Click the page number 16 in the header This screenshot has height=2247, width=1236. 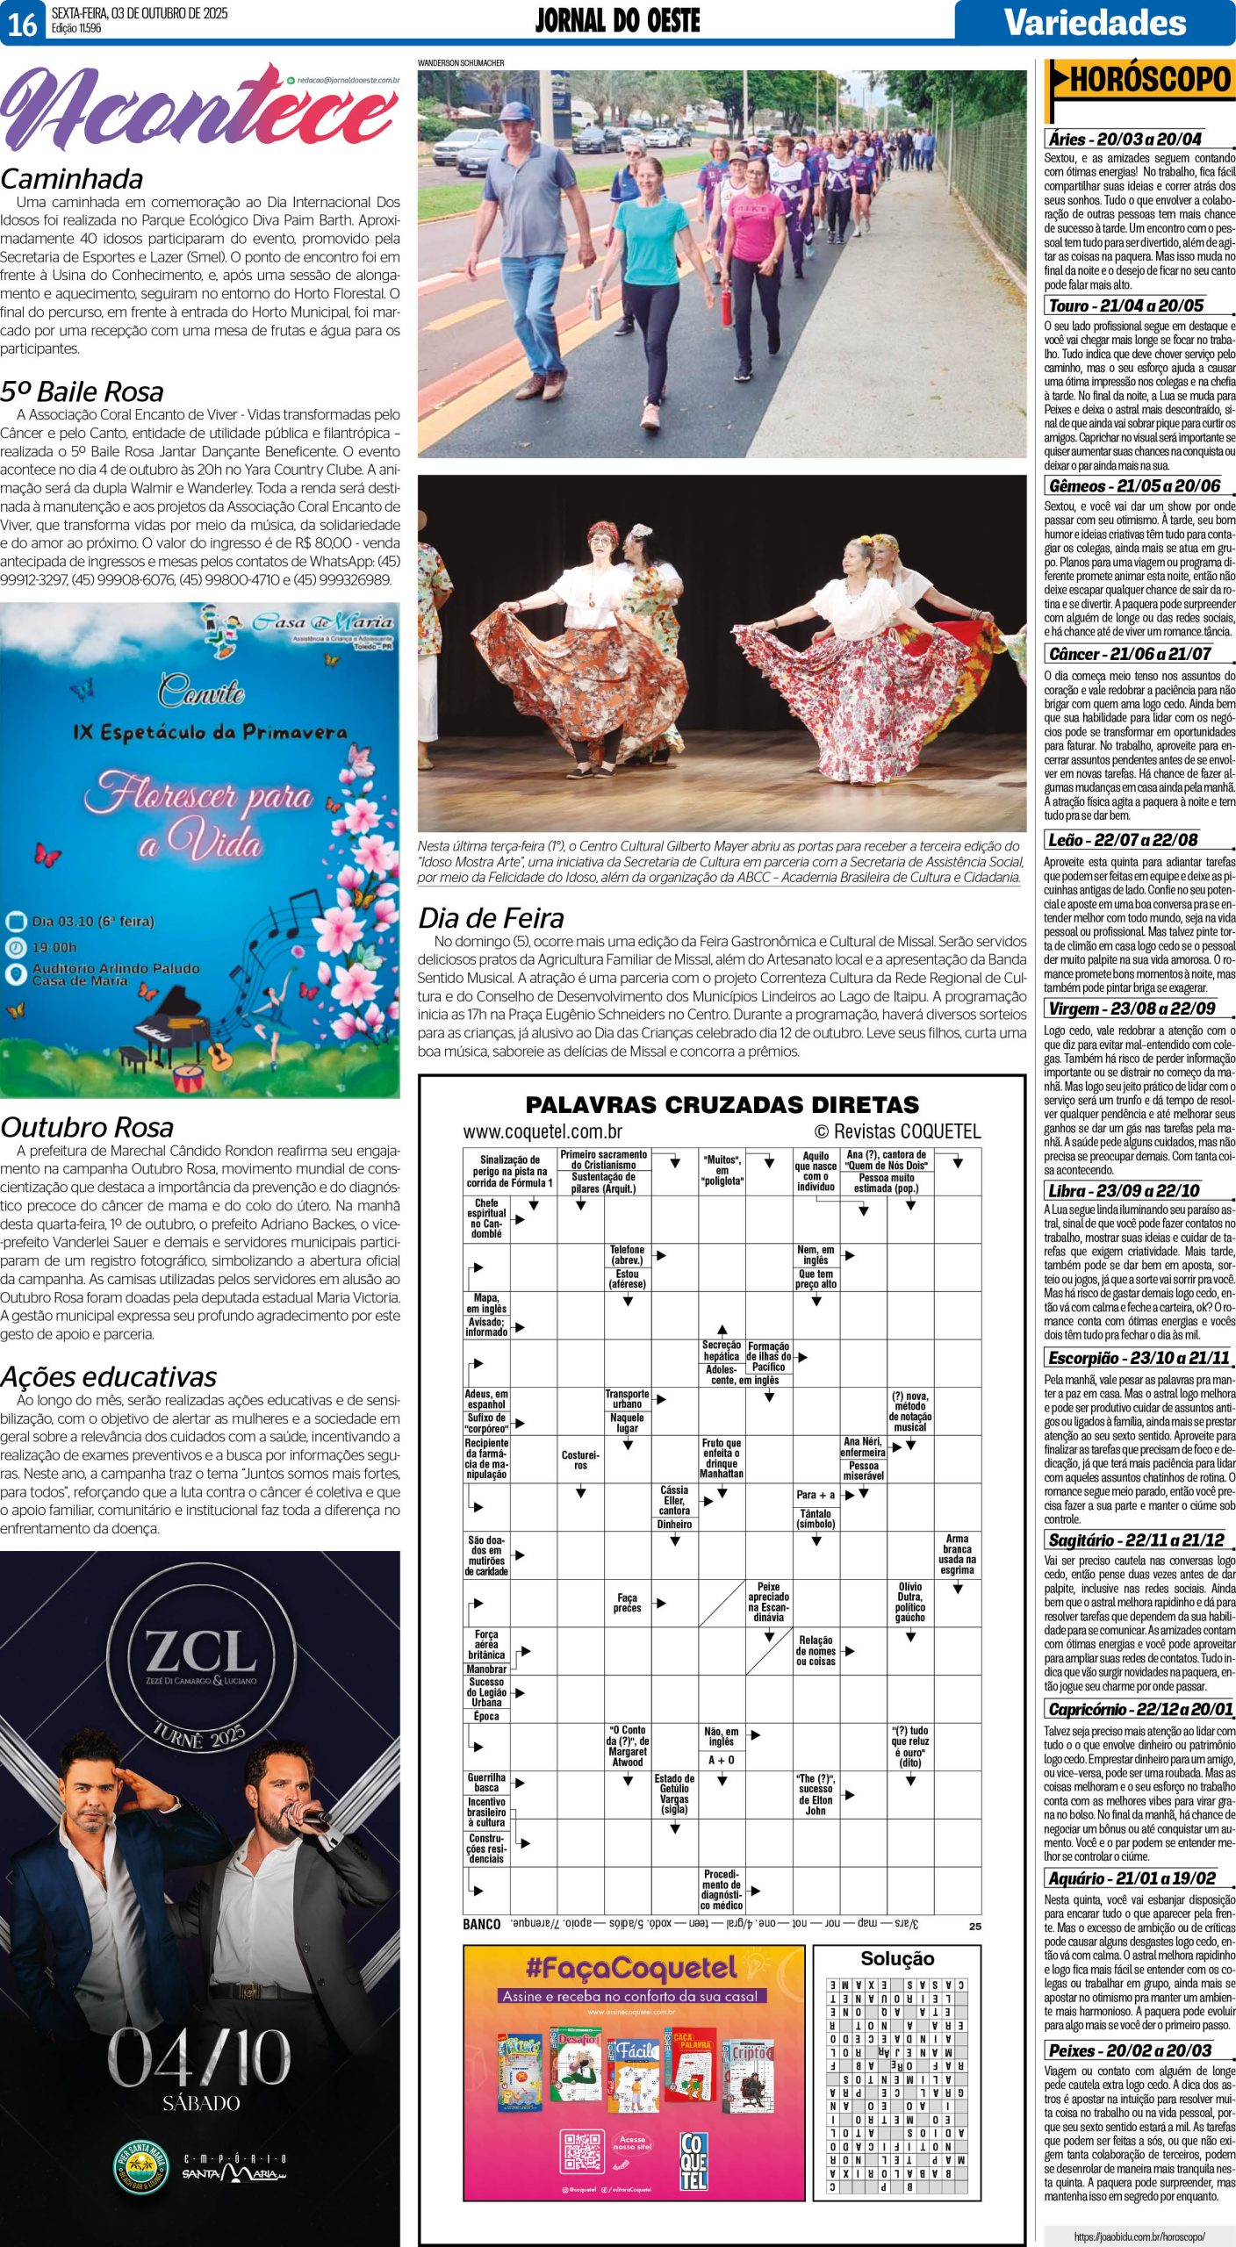[22, 24]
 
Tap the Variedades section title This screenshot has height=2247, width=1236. [1095, 22]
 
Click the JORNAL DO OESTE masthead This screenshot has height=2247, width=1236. [617, 21]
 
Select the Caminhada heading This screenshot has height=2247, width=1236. [72, 178]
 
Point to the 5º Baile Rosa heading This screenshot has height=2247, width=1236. [82, 391]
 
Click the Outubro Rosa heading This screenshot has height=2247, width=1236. [87, 1127]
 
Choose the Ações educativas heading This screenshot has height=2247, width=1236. [108, 1376]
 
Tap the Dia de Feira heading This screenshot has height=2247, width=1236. [491, 917]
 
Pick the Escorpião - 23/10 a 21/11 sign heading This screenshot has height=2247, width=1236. [1139, 1358]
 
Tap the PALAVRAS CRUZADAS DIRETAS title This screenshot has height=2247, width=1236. [722, 1104]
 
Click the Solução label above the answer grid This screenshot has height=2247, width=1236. [897, 1958]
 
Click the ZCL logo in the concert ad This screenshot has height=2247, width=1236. [201, 1653]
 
